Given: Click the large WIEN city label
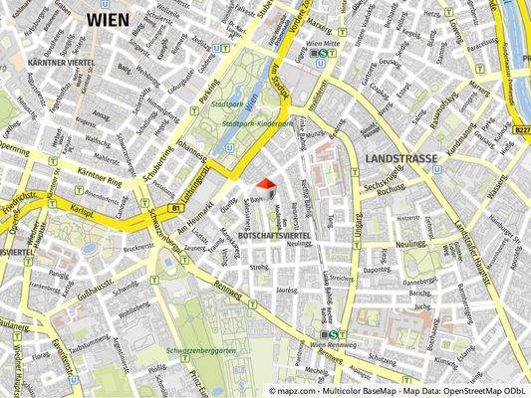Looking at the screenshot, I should [114, 19].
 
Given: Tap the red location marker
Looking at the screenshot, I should [265, 183].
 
